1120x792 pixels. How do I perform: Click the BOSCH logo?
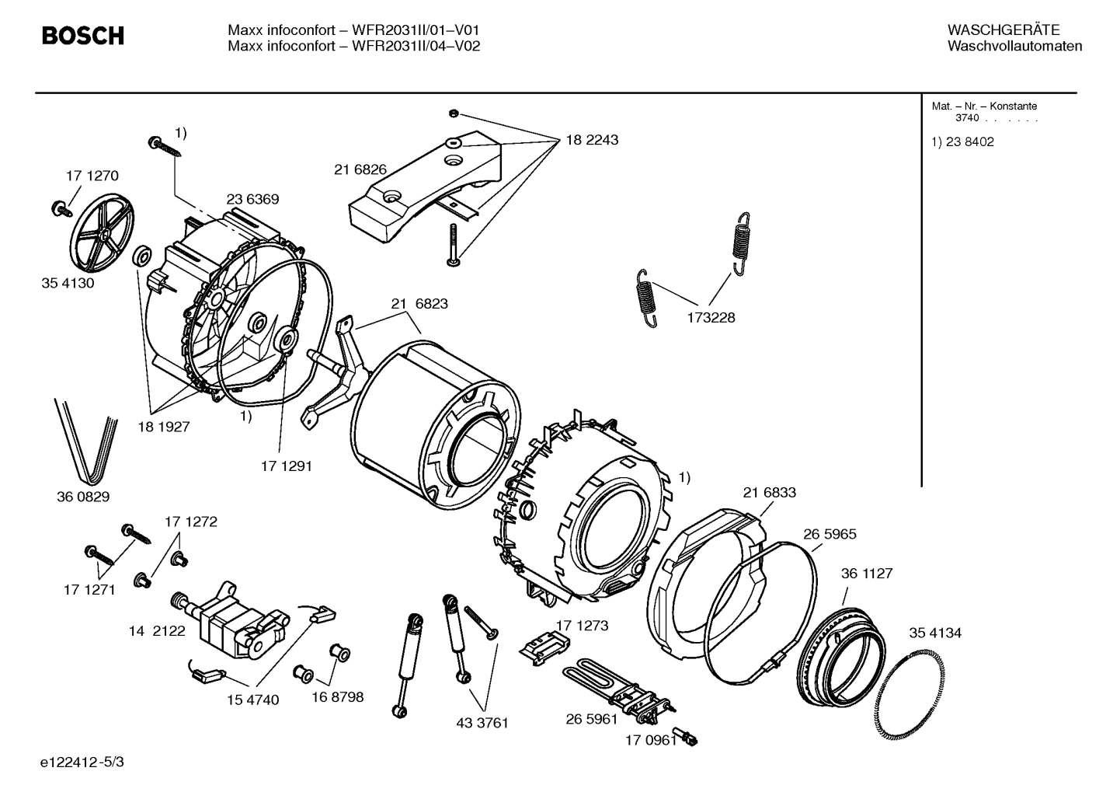tap(82, 36)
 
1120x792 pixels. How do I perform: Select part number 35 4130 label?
tap(68, 283)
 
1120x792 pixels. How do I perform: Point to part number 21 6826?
tap(360, 170)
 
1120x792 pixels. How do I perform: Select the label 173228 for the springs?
tap(710, 317)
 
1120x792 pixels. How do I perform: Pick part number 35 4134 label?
tap(935, 633)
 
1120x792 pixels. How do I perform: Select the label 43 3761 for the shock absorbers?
tap(482, 723)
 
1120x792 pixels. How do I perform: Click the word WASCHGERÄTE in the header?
tap(1003, 30)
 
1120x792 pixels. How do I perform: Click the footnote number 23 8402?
tap(969, 142)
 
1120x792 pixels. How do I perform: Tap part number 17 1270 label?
tap(92, 176)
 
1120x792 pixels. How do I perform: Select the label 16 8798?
tap(337, 696)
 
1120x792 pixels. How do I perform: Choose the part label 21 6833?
tap(769, 492)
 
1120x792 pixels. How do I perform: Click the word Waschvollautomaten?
tap(1014, 46)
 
